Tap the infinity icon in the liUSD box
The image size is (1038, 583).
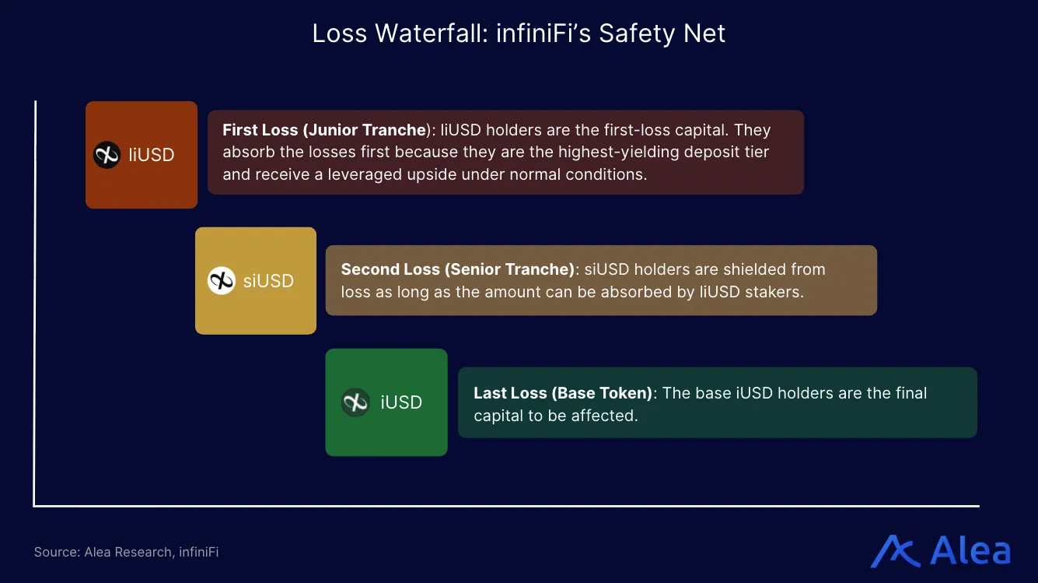(107, 155)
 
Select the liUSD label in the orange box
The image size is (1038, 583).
(152, 155)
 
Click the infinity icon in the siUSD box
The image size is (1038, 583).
(221, 281)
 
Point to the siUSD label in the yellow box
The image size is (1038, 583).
(268, 281)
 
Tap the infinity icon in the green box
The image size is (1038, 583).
(355, 402)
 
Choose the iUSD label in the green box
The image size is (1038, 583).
(401, 402)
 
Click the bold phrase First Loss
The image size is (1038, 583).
(260, 130)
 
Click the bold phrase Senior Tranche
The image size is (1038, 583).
(509, 269)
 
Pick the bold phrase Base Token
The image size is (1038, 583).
(604, 393)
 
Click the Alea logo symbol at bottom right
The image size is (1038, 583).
(896, 551)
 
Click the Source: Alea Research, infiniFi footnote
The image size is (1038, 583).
(126, 552)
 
